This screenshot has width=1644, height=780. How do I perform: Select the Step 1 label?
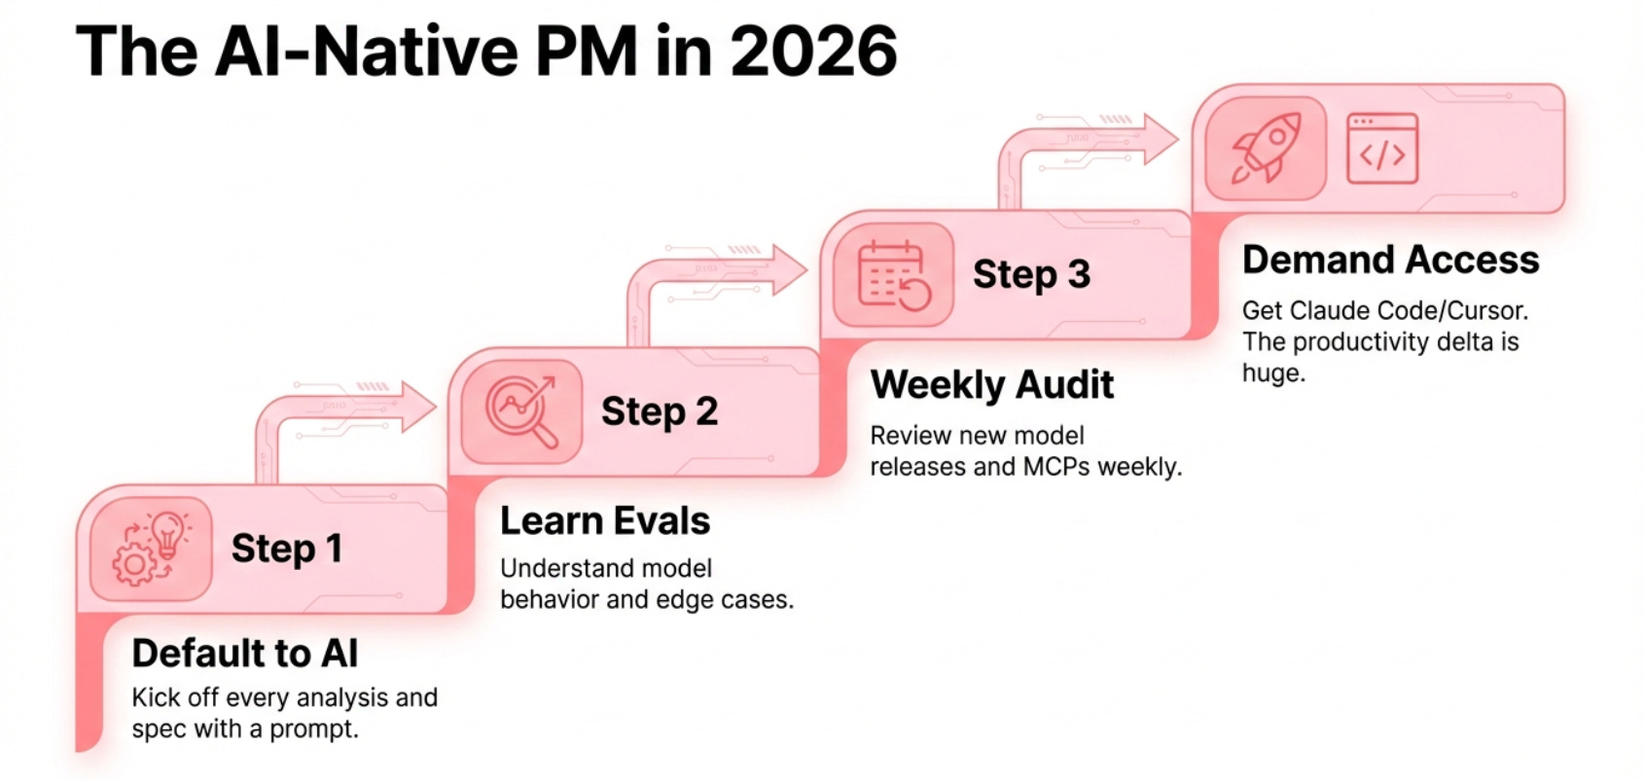click(x=287, y=549)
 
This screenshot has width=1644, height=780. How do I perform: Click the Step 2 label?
click(x=660, y=411)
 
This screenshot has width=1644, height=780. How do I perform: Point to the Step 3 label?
click(x=1031, y=274)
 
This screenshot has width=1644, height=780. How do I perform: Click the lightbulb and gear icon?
click(x=151, y=549)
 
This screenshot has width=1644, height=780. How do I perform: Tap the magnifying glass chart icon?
click(x=522, y=410)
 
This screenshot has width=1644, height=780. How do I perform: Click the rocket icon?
click(x=1265, y=148)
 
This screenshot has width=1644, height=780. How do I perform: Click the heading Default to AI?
click(x=245, y=654)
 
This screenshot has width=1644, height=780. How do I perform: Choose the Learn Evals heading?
click(x=605, y=521)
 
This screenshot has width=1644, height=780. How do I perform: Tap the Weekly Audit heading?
click(x=991, y=385)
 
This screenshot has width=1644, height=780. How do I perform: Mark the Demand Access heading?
click(x=1390, y=260)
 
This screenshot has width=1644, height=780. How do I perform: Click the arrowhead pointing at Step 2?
click(x=419, y=406)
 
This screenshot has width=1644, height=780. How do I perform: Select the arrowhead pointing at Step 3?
click(x=790, y=268)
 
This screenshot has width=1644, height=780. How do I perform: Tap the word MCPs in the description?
click(x=1056, y=467)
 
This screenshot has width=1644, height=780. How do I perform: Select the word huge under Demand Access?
click(x=1272, y=373)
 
